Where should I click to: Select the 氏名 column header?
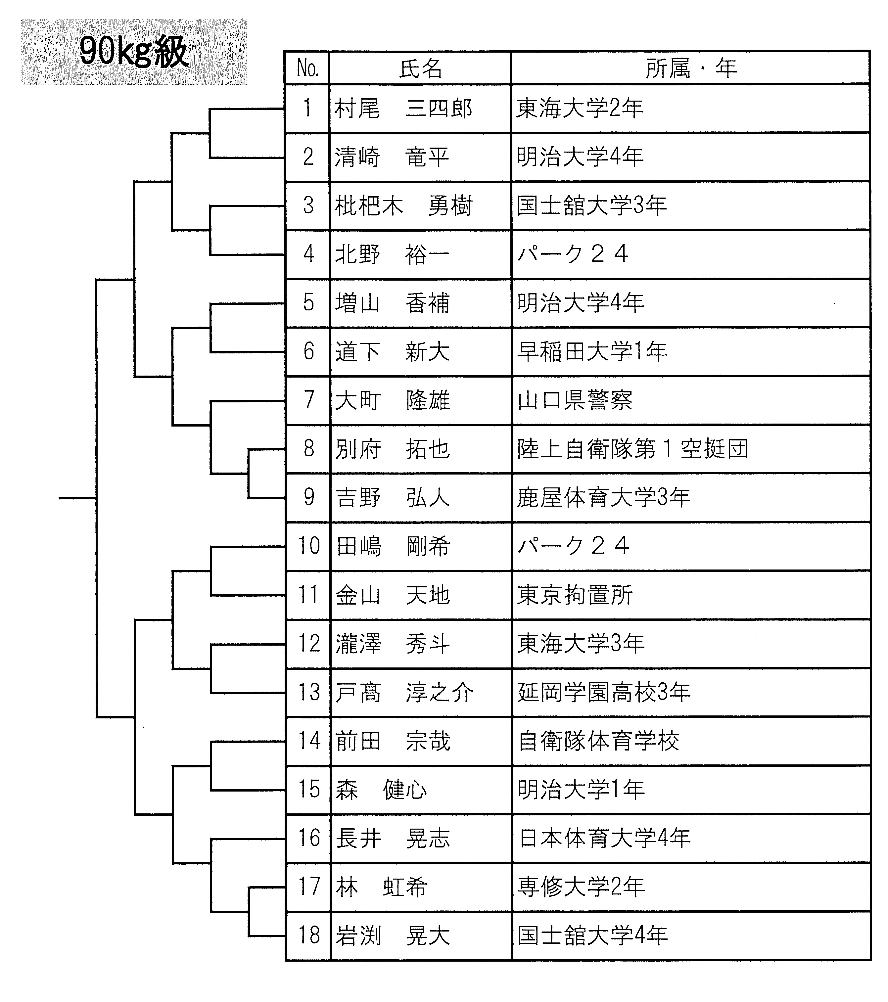coord(421,68)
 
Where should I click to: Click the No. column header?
coord(308,68)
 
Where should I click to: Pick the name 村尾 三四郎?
coord(403,108)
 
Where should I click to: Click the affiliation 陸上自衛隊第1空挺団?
coord(632,448)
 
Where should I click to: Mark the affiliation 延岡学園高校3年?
coord(604,692)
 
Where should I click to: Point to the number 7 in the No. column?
coord(309,399)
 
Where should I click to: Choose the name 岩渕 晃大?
coord(392,935)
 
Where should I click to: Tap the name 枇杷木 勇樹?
coord(403,206)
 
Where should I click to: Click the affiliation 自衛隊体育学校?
coord(598,741)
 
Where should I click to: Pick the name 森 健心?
coord(381,789)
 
